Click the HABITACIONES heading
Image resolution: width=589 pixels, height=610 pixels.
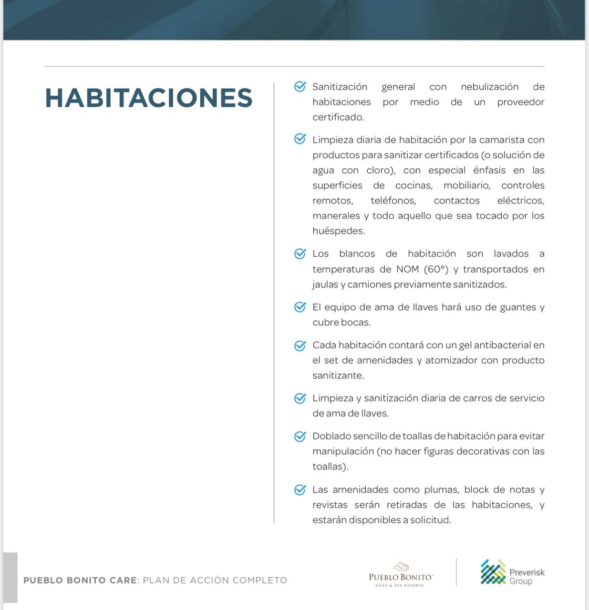pyautogui.click(x=148, y=98)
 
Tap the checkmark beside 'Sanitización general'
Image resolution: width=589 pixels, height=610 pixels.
pyautogui.click(x=300, y=87)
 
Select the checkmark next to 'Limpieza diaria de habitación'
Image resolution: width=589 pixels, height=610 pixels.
pyautogui.click(x=300, y=139)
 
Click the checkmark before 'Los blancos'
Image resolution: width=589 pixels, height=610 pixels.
pyautogui.click(x=300, y=254)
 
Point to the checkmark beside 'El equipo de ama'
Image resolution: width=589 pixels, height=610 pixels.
pyautogui.click(x=300, y=307)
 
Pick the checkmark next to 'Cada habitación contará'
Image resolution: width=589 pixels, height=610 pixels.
pyautogui.click(x=300, y=345)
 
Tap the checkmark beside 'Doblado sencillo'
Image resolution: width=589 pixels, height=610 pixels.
pyautogui.click(x=300, y=436)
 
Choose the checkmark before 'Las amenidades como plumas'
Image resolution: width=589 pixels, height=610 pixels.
pyautogui.click(x=300, y=489)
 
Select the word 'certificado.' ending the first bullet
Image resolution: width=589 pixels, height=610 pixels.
pyautogui.click(x=338, y=117)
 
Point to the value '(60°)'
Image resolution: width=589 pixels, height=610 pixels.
pyautogui.click(x=436, y=269)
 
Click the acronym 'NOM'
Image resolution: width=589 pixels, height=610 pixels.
pyautogui.click(x=407, y=269)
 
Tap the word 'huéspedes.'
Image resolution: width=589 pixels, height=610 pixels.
pyautogui.click(x=339, y=231)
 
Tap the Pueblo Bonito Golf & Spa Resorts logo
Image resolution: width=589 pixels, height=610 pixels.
pyautogui.click(x=401, y=574)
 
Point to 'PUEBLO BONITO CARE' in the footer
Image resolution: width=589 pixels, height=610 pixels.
pyautogui.click(x=80, y=580)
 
